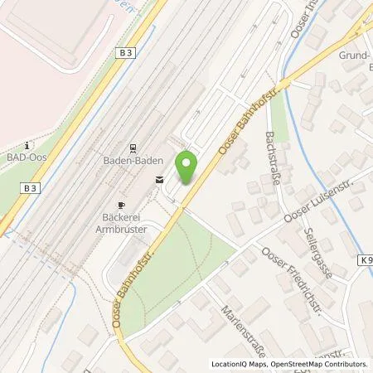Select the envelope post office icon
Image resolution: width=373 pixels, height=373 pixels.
[159, 179]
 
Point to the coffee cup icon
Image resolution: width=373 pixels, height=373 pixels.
[121, 204]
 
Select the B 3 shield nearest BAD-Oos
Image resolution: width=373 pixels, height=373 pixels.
[30, 188]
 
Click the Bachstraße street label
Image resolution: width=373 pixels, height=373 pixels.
[274, 157]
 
